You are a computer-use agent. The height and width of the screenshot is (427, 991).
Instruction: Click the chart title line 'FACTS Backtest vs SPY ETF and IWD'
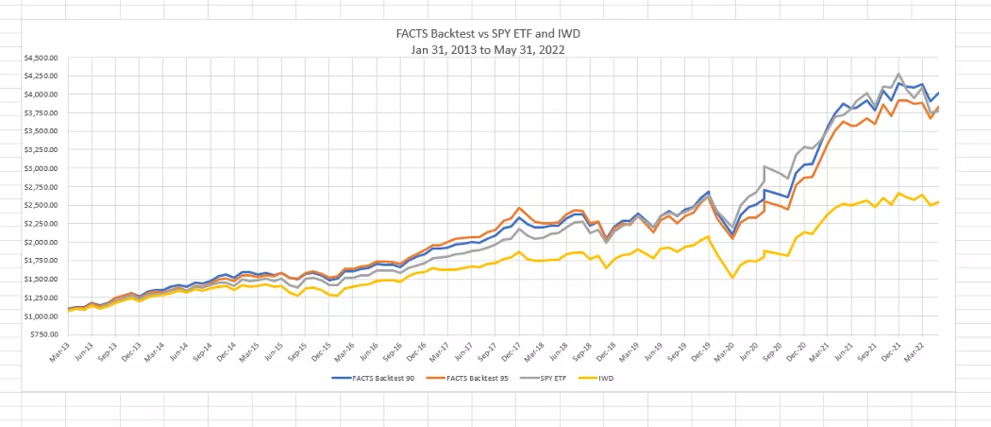point(495,34)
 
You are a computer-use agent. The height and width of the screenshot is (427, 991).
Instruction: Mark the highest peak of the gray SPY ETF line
point(899,74)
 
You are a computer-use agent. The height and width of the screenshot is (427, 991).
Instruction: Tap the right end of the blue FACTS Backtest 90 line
point(939,92)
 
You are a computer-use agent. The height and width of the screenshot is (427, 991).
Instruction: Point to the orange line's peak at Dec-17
point(519,208)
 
